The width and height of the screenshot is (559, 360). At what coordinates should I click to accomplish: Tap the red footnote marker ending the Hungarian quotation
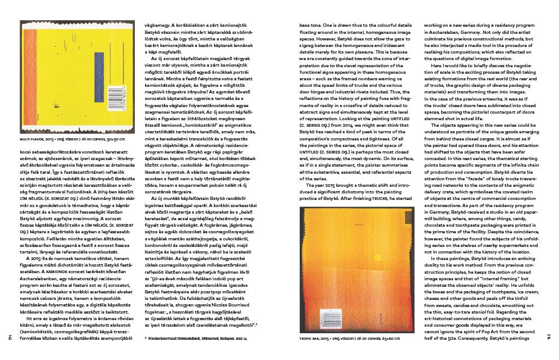click(x=256, y=325)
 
